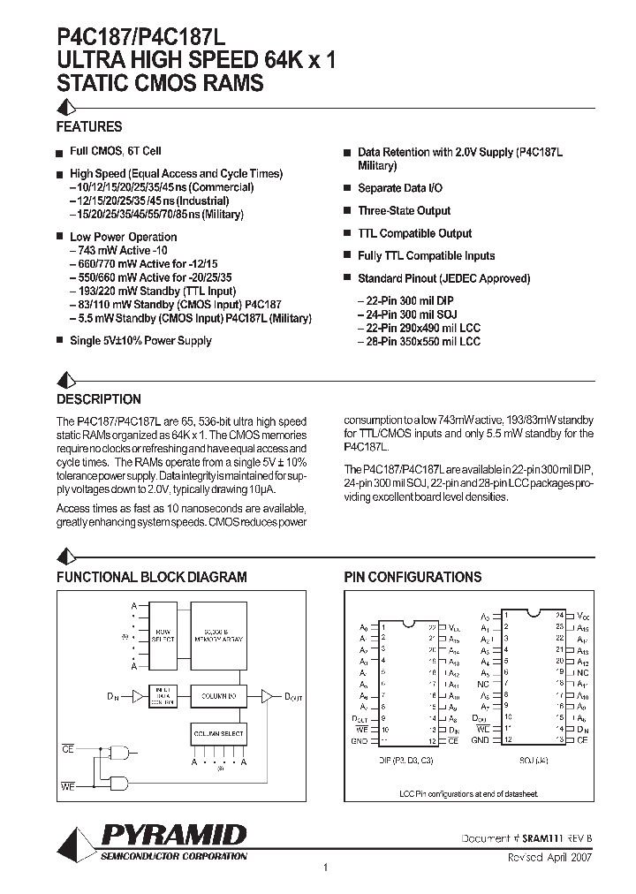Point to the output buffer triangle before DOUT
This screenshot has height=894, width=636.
(268, 696)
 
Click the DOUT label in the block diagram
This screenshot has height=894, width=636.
(292, 698)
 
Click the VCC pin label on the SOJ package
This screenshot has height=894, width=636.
(582, 615)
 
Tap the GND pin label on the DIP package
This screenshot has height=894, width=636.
(359, 739)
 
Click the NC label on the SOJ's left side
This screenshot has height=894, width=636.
(483, 684)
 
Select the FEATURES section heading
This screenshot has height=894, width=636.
(89, 127)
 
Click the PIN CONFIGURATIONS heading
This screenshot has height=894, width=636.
(413, 577)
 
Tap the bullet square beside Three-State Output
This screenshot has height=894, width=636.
(347, 212)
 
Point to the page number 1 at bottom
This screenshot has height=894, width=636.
(325, 868)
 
